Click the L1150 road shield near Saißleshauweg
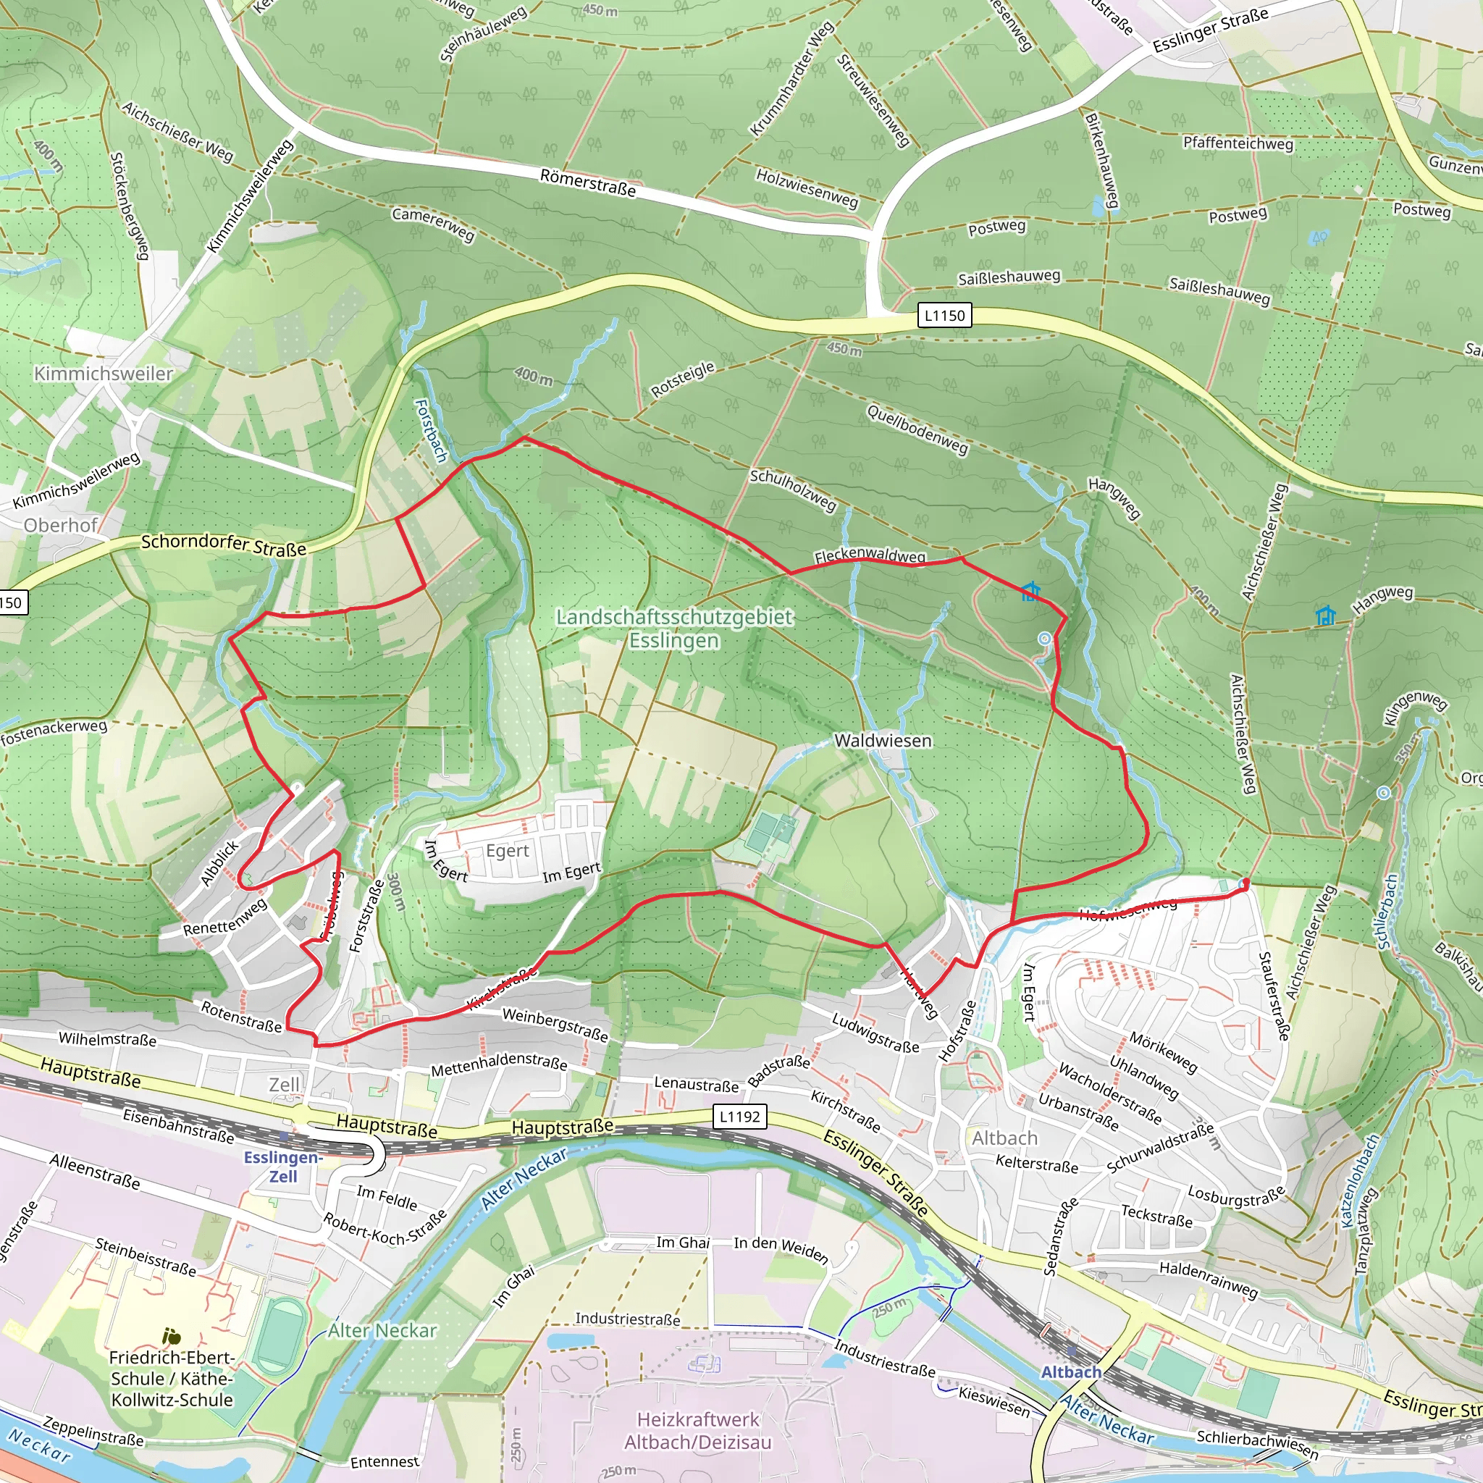click(944, 316)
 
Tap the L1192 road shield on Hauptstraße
click(739, 1117)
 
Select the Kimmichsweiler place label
click(104, 374)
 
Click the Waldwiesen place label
click(883, 741)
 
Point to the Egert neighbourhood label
click(508, 851)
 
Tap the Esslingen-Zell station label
click(282, 1167)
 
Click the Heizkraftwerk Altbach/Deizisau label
click(697, 1431)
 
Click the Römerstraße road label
click(588, 182)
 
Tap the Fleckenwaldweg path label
click(870, 555)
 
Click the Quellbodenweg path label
click(917, 429)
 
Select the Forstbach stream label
click(431, 430)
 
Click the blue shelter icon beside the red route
click(1030, 591)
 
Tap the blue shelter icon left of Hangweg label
click(1325, 615)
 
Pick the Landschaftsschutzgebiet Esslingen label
click(674, 628)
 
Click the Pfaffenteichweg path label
click(1238, 143)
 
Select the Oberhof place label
click(61, 525)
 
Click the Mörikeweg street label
click(1163, 1052)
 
